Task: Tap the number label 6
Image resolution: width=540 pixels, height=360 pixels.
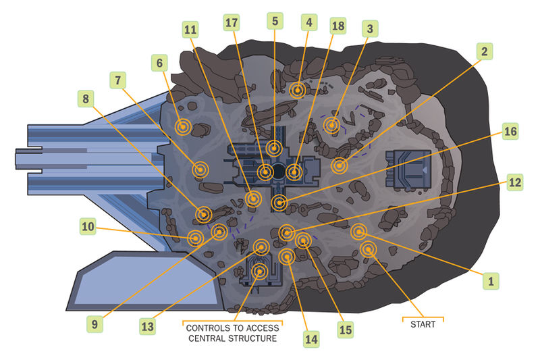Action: pyautogui.click(x=160, y=63)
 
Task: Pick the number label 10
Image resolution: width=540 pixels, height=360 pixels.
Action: pyautogui.click(x=88, y=228)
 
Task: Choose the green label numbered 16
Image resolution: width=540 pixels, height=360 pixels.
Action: pyautogui.click(x=510, y=132)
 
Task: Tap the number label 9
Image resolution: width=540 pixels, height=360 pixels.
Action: pyautogui.click(x=95, y=324)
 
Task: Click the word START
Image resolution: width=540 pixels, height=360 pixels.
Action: pyautogui.click(x=423, y=324)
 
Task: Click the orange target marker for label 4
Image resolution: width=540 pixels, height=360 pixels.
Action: pyautogui.click(x=298, y=89)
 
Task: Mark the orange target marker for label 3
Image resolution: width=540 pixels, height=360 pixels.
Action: pyautogui.click(x=331, y=125)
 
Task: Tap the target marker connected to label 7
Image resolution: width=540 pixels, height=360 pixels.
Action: pyautogui.click(x=200, y=170)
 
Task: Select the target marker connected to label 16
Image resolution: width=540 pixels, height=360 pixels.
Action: pyautogui.click(x=279, y=202)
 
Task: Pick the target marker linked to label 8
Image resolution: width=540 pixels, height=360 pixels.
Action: pyautogui.click(x=204, y=214)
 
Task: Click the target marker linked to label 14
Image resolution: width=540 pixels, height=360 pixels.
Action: pyautogui.click(x=288, y=257)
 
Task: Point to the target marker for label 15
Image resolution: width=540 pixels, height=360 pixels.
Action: pyautogui.click(x=303, y=240)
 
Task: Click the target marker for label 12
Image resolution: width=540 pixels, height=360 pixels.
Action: pyautogui.click(x=287, y=232)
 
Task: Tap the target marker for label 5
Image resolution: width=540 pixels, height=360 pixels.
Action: pyautogui.click(x=273, y=148)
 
